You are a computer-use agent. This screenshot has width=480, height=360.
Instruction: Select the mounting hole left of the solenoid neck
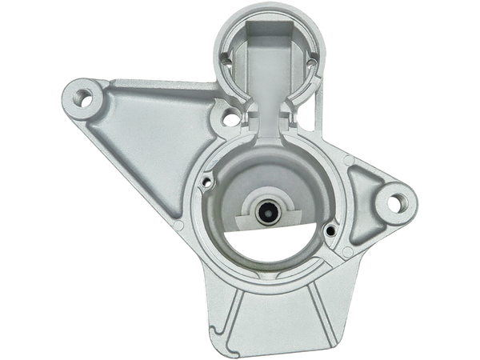click(230, 121)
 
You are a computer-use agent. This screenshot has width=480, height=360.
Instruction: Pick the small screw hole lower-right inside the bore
click(330, 231)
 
